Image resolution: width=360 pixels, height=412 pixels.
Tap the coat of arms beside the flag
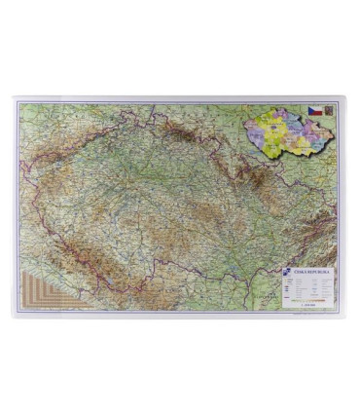(x=328, y=112)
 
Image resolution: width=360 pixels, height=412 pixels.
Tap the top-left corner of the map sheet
(x=14, y=97)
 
